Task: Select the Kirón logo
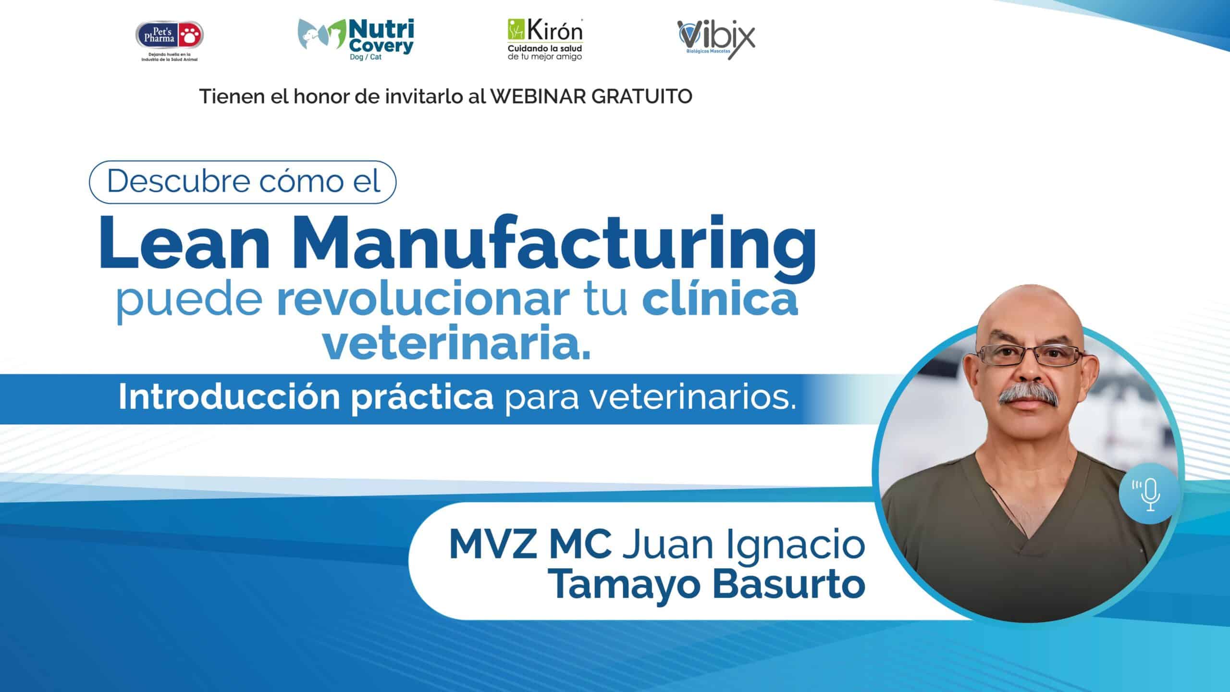point(545,40)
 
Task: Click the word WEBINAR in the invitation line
point(539,97)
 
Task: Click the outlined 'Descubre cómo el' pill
point(243,182)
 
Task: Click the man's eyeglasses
point(1029,356)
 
